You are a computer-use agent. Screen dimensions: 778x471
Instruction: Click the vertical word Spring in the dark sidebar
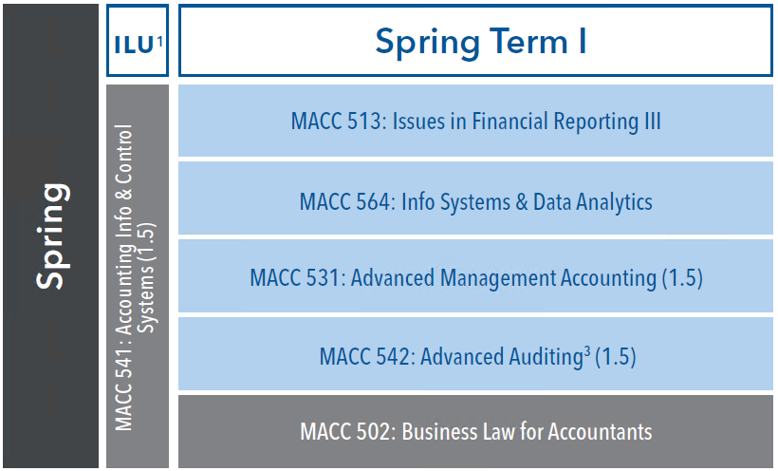pos(52,236)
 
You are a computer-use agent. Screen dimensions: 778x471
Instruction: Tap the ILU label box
pos(138,40)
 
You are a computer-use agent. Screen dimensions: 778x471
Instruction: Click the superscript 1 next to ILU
pos(159,41)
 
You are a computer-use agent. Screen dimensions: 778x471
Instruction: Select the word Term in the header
pos(528,41)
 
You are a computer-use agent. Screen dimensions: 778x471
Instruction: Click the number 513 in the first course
pos(366,122)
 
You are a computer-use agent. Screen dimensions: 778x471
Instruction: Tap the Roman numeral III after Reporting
pos(653,122)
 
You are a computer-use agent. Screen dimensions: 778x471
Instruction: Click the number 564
pos(375,201)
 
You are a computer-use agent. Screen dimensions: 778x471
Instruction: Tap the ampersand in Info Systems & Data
pos(521,201)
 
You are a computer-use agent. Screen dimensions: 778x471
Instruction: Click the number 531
pos(325,277)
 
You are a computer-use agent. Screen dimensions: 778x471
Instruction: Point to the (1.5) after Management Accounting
pos(683,277)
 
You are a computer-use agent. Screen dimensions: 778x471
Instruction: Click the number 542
pos(395,357)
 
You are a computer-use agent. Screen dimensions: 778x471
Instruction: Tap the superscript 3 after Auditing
pos(587,351)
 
